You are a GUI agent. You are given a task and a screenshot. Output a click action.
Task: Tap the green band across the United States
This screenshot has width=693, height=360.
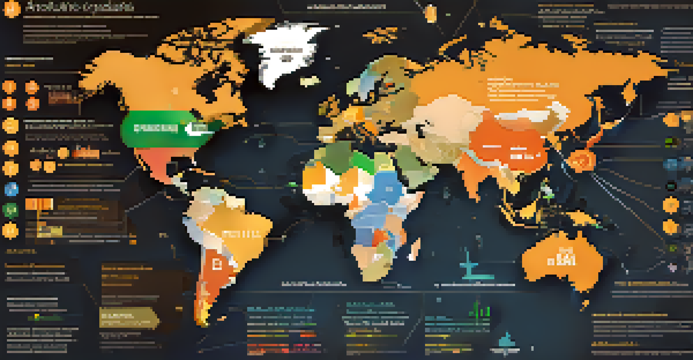153,128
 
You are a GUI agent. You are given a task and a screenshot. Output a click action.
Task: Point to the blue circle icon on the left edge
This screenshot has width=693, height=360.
10,189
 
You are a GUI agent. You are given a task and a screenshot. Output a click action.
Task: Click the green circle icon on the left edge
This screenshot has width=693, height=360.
10,210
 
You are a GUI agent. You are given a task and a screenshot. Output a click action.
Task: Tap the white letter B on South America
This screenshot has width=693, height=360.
216,263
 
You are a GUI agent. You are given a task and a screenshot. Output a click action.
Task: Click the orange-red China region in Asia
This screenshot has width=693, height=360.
505,144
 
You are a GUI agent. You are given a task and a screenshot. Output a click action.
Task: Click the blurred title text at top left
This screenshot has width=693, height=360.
79,7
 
